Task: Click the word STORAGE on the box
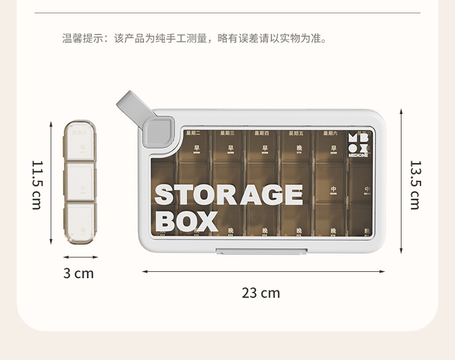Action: click(229, 195)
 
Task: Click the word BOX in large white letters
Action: click(187, 221)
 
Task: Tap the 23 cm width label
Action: click(261, 293)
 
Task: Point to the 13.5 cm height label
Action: click(415, 185)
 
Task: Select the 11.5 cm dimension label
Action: click(37, 185)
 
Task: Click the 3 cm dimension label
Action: click(78, 273)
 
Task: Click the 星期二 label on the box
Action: click(194, 133)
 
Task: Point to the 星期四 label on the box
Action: click(261, 133)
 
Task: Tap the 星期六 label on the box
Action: click(331, 133)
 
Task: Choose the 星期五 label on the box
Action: click(296, 133)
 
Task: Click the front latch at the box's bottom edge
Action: click(260, 251)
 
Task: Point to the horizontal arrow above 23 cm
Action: click(263, 271)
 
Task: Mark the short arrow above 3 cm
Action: click(79, 257)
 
